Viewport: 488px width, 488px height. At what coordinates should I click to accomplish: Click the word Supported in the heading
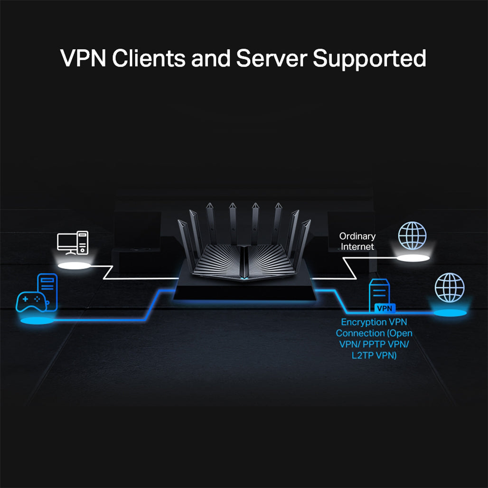point(369,58)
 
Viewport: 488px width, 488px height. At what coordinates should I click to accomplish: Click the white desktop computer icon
point(73,242)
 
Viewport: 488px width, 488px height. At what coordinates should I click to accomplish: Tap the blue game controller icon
point(31,301)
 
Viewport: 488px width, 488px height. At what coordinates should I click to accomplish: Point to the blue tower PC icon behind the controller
point(47,290)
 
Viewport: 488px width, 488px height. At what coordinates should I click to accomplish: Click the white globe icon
point(412,235)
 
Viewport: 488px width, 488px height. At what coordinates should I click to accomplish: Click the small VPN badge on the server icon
point(384,309)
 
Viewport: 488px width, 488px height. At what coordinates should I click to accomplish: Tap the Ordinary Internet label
point(357,241)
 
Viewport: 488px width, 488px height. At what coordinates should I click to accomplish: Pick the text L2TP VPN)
point(374,355)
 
